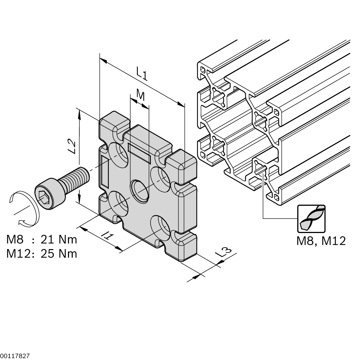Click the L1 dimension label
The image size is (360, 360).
(x=142, y=73)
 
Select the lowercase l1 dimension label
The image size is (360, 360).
(x=108, y=235)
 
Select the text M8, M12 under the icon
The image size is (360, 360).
(x=321, y=241)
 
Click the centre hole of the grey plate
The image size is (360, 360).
(x=139, y=191)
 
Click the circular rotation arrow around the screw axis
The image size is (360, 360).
(x=23, y=209)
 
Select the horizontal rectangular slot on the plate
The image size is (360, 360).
(x=139, y=152)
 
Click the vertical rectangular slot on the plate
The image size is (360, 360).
(x=105, y=171)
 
